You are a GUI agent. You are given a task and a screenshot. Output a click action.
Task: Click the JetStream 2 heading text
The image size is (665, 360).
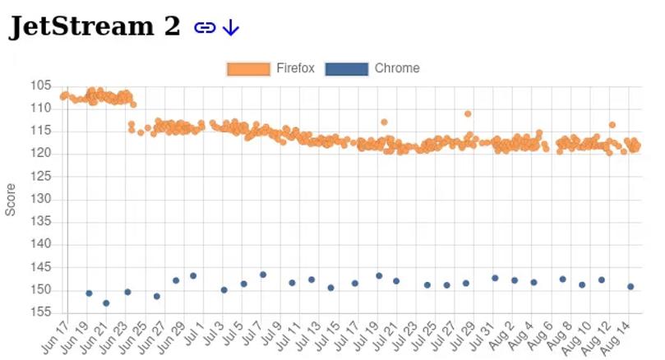[95, 26]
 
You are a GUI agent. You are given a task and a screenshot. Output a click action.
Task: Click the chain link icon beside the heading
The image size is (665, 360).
[204, 28]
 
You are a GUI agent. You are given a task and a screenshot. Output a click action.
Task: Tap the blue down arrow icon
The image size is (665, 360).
[231, 28]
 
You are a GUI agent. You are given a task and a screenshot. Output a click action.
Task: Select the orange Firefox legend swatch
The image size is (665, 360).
[248, 69]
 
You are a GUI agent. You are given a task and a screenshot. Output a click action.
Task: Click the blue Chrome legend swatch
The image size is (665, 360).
[346, 69]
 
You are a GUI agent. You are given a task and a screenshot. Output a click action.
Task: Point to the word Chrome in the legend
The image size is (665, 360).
[397, 69]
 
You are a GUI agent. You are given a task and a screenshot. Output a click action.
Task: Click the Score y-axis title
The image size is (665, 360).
[11, 199]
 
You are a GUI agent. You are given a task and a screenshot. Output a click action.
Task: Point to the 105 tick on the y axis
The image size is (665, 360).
[40, 85]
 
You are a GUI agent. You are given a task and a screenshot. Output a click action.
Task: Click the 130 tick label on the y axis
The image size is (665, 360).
[40, 199]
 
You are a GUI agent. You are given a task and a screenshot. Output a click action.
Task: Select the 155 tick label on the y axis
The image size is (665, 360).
[40, 312]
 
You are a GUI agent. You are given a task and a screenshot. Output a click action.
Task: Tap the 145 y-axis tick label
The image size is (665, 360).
[40, 267]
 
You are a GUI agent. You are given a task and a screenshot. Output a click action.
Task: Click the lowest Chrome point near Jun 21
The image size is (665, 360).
[106, 303]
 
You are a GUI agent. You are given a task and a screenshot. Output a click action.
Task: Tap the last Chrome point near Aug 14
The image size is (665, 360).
[630, 287]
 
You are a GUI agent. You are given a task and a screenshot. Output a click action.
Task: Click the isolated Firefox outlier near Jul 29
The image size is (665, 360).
[468, 113]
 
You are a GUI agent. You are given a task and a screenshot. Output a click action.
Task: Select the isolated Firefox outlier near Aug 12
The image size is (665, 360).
[612, 125]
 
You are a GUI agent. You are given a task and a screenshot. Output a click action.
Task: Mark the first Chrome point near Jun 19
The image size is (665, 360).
[89, 293]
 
